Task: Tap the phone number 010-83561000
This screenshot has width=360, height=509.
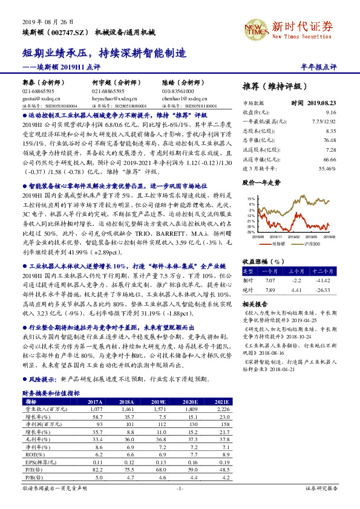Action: coord(183,90)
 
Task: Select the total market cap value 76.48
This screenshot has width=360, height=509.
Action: coord(329,140)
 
